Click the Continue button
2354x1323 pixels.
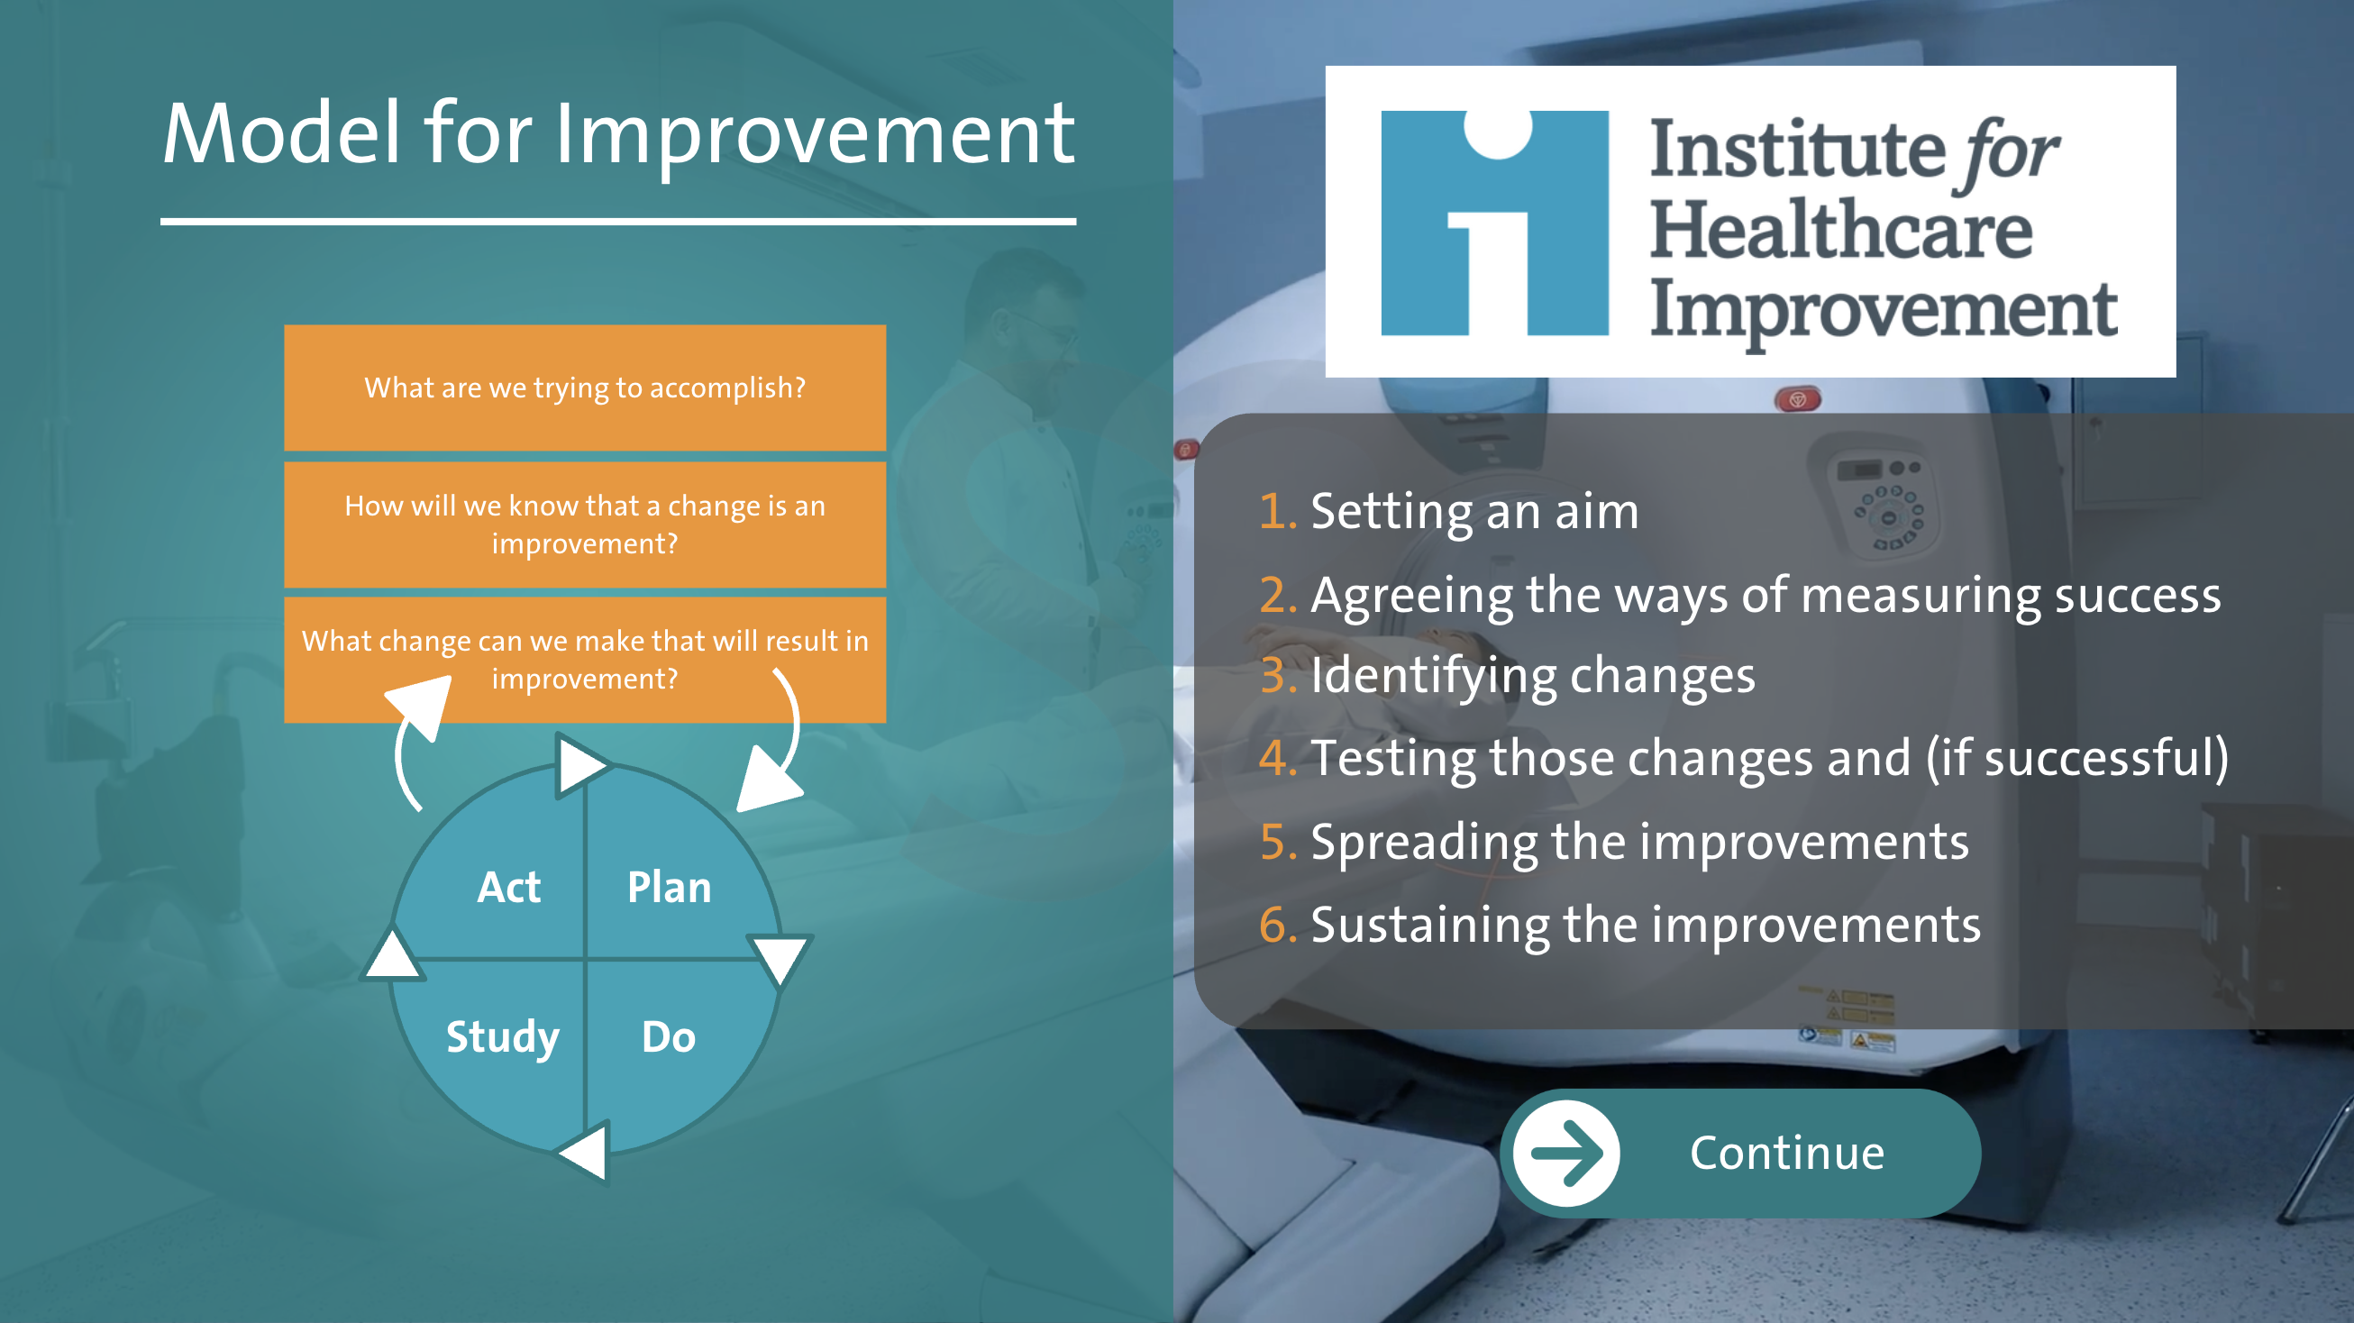pyautogui.click(x=1740, y=1152)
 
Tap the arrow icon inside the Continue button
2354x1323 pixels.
pyautogui.click(x=1566, y=1153)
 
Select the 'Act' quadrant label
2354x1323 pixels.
pyautogui.click(x=509, y=887)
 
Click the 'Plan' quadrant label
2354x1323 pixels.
pyautogui.click(x=669, y=887)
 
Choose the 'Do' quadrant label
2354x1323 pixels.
pyautogui.click(x=669, y=1037)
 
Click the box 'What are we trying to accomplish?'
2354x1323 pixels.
pyautogui.click(x=585, y=388)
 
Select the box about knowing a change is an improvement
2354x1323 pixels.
pyautogui.click(x=585, y=525)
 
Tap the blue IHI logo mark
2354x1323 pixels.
pyautogui.click(x=1494, y=223)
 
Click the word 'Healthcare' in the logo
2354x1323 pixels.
pyautogui.click(x=1841, y=229)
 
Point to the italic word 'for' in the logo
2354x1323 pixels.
pyautogui.click(x=2006, y=152)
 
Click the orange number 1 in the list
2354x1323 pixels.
pyautogui.click(x=1277, y=510)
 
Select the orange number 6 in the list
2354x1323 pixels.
pyautogui.click(x=1279, y=924)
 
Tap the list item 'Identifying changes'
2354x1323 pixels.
pyautogui.click(x=1533, y=676)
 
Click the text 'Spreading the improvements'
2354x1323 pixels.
pyautogui.click(x=1639, y=841)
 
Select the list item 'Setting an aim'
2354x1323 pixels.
pyautogui.click(x=1475, y=511)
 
